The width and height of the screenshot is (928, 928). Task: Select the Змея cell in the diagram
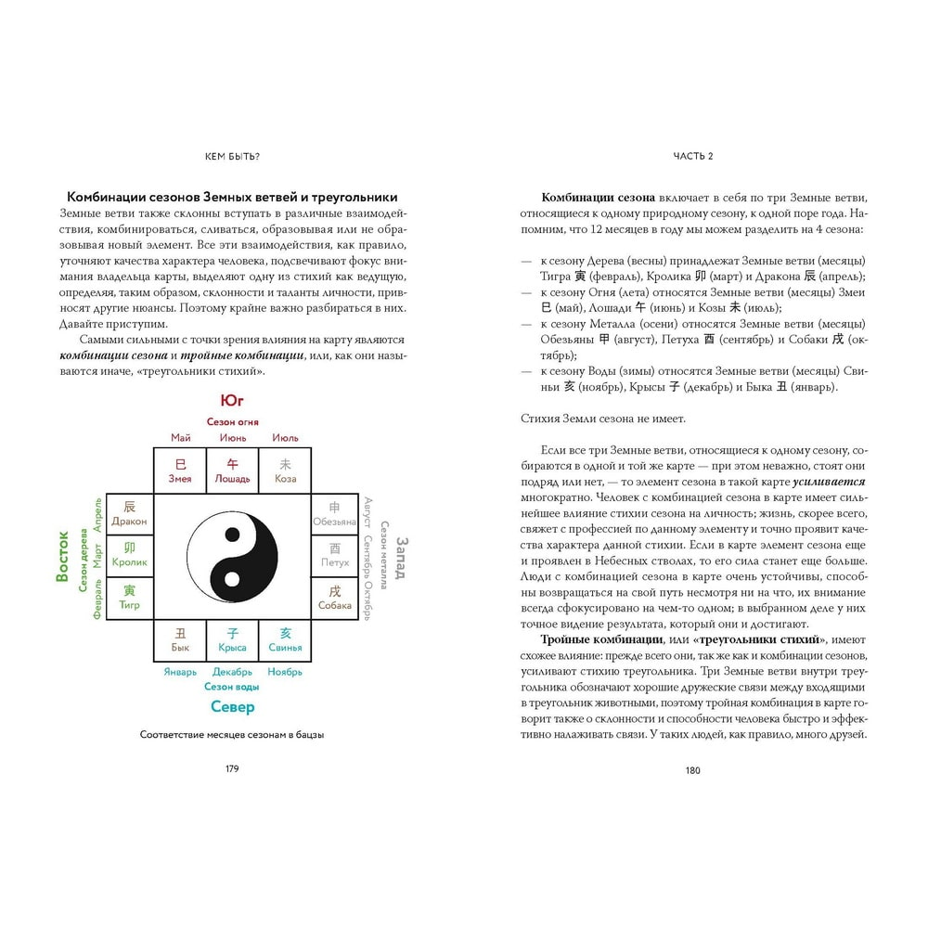coord(180,470)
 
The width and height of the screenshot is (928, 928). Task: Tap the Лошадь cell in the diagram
coord(232,470)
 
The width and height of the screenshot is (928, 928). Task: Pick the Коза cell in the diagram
coord(285,470)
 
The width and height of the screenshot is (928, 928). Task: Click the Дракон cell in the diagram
coord(129,513)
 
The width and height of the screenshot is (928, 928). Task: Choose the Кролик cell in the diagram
coord(129,555)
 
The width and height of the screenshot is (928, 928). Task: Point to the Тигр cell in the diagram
coord(129,597)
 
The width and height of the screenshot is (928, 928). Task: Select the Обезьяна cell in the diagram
coord(335,513)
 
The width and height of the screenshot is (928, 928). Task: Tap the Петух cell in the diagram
coord(335,555)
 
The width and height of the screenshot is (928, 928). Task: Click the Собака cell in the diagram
coord(335,597)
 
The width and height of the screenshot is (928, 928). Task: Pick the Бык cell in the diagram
coord(180,639)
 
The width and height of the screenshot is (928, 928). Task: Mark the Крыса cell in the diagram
coord(232,639)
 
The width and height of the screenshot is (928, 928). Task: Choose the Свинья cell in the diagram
coord(285,639)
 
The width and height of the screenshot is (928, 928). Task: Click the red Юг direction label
coord(232,401)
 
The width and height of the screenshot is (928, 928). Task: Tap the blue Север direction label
coord(232,707)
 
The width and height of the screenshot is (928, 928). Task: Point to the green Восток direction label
coord(63,555)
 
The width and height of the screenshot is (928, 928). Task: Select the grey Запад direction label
coord(402,556)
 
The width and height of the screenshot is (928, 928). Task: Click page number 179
coord(232,769)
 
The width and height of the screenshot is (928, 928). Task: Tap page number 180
coord(693,769)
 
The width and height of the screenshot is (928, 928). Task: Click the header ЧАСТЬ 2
coord(693,156)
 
